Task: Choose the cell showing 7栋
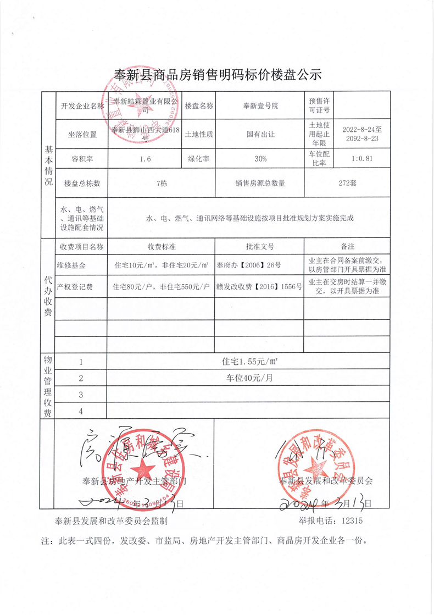[162, 184]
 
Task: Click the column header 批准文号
[260, 247]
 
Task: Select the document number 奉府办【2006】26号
[249, 265]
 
